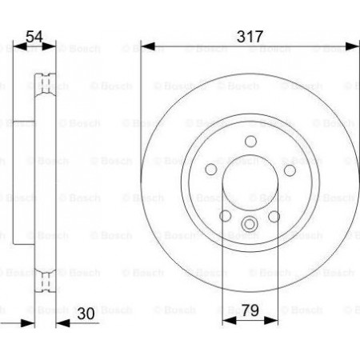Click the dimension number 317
249,35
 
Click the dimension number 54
34,35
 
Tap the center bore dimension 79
249,308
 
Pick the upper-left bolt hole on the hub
211,170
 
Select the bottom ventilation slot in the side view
46,280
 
